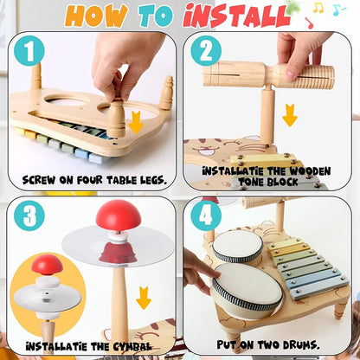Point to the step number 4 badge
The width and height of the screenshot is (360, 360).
pos(205,215)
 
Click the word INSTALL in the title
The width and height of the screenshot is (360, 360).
pos(231,16)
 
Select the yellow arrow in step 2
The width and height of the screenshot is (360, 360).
pos(290,113)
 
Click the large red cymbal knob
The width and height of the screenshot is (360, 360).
pos(114,215)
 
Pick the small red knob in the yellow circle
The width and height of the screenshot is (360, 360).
pos(48,265)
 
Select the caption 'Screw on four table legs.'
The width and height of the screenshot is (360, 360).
pos(89,179)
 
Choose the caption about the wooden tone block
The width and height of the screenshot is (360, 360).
pos(266,177)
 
